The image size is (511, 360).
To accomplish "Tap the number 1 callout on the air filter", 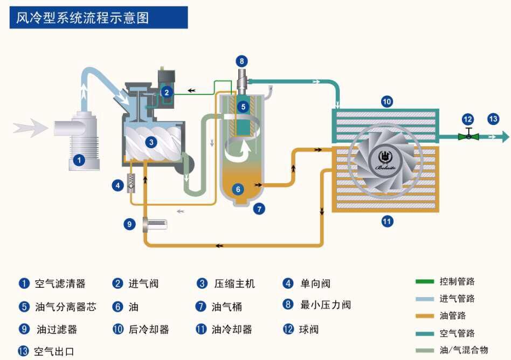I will [x=79, y=160].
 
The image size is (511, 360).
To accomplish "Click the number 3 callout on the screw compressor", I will [x=151, y=142].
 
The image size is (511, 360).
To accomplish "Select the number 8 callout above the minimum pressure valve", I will [x=241, y=61].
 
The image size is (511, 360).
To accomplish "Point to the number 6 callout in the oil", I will [x=238, y=189].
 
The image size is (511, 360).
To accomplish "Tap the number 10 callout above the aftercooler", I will [x=386, y=101].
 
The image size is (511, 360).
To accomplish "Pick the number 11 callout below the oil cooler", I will [x=386, y=220].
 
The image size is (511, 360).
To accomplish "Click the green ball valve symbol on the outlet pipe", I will [x=468, y=136].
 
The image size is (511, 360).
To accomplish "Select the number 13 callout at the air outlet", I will [x=494, y=119].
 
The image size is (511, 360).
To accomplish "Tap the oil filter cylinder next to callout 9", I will [x=155, y=224].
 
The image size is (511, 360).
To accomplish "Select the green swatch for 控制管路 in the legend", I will [x=425, y=281].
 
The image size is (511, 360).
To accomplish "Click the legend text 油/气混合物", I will [x=464, y=350].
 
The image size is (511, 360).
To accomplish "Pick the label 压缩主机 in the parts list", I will [x=234, y=284].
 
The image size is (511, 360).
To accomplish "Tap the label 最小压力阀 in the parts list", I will [x=326, y=305].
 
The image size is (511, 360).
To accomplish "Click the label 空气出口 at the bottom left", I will [x=54, y=352].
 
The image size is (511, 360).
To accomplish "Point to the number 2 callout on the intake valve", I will [x=167, y=92].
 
